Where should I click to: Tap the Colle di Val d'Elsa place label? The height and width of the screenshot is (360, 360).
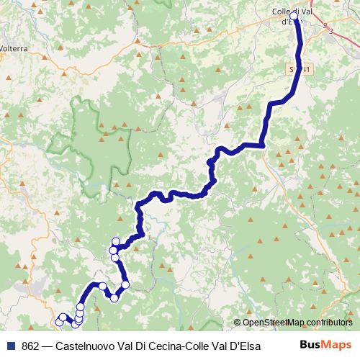pos(292,15)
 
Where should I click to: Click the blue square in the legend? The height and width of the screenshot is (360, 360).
pos(12,345)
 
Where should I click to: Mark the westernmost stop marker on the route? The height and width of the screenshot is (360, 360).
pos(59,321)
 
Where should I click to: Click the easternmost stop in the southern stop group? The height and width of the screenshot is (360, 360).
pos(125,285)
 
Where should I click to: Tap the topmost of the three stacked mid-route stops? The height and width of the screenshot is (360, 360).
pos(116,241)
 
